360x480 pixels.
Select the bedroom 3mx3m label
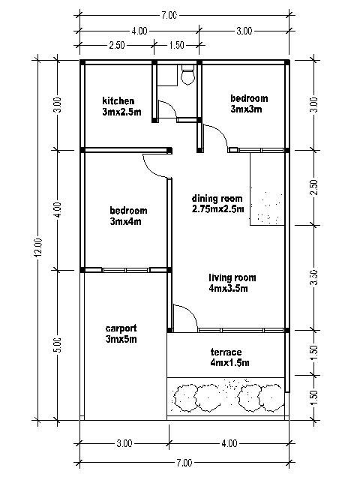[248, 103]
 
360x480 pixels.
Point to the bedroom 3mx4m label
[128, 216]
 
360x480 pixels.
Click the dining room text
[217, 204]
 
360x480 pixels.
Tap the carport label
[121, 334]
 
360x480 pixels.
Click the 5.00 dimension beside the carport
[58, 345]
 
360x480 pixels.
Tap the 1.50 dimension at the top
[177, 46]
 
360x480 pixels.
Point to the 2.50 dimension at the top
[116, 46]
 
